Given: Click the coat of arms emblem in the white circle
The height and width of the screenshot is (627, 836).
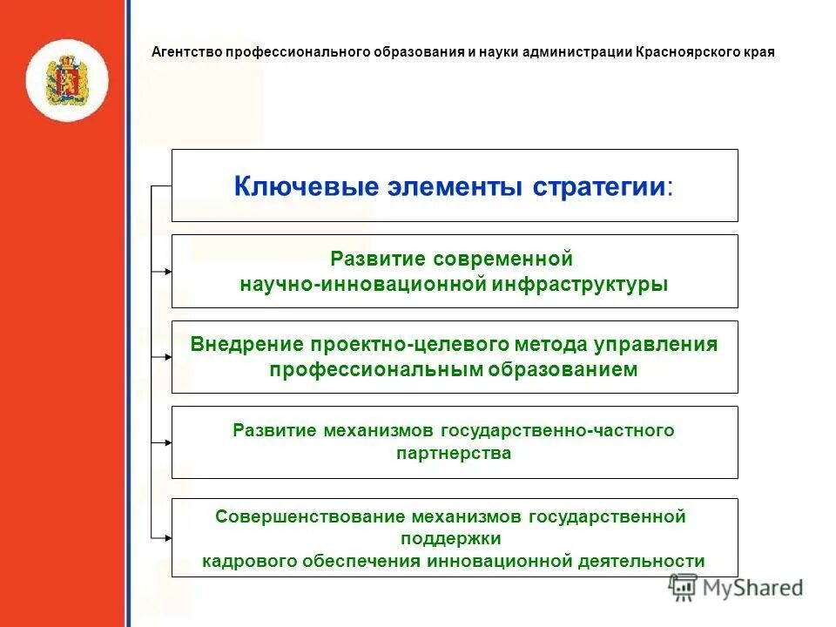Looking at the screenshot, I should (x=66, y=80).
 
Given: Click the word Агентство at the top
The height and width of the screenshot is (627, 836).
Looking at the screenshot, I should (x=187, y=51).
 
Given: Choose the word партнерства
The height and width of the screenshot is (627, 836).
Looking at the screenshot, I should (x=454, y=454).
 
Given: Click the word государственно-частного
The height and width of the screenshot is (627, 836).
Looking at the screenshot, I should (x=557, y=430).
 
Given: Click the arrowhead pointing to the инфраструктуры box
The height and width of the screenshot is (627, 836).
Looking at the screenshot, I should (x=167, y=272).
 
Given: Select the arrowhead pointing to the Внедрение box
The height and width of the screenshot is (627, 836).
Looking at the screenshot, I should (x=167, y=357).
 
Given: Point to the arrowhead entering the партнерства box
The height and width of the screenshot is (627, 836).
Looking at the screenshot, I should (x=167, y=442).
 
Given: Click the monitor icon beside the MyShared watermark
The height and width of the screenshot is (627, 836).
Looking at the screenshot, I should (x=684, y=588).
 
